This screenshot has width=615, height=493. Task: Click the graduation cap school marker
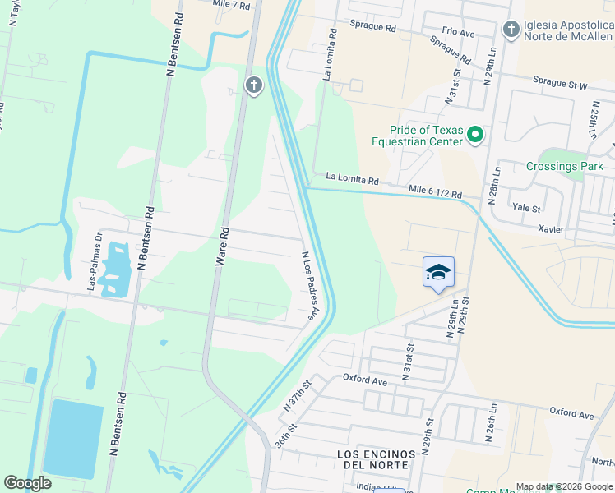pos(438,272)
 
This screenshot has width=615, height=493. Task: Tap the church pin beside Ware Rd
pos(253,85)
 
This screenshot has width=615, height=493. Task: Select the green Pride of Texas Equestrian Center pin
pos(474,134)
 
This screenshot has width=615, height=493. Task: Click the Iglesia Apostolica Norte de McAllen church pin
pos(511,30)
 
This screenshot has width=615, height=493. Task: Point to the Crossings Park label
pos(564,166)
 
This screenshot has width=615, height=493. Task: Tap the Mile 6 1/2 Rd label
pos(436,192)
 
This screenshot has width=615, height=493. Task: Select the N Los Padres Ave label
pos(309,285)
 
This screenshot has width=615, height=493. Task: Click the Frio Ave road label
pos(458,32)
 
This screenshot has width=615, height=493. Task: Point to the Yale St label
pos(526,209)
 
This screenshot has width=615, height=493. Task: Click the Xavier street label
pos(551,229)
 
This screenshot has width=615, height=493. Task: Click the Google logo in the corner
pos(28,483)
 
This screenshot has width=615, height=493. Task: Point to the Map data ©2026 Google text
pos(564,486)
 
